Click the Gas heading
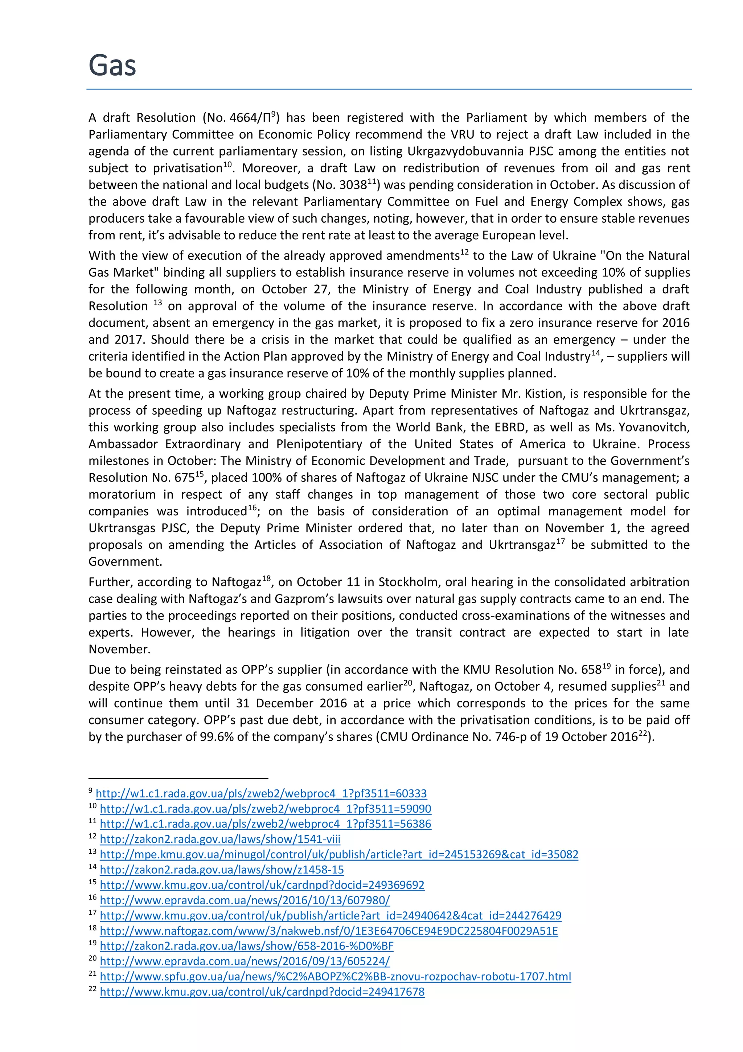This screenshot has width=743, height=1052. (x=112, y=65)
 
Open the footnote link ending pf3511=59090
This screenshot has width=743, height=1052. (x=265, y=809)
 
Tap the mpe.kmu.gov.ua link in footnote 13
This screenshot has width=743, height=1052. (x=339, y=854)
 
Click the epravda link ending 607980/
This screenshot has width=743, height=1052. (x=245, y=900)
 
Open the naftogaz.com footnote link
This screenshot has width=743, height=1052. (x=329, y=931)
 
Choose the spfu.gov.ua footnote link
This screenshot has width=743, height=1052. (x=335, y=977)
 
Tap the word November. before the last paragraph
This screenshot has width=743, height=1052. (x=119, y=649)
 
